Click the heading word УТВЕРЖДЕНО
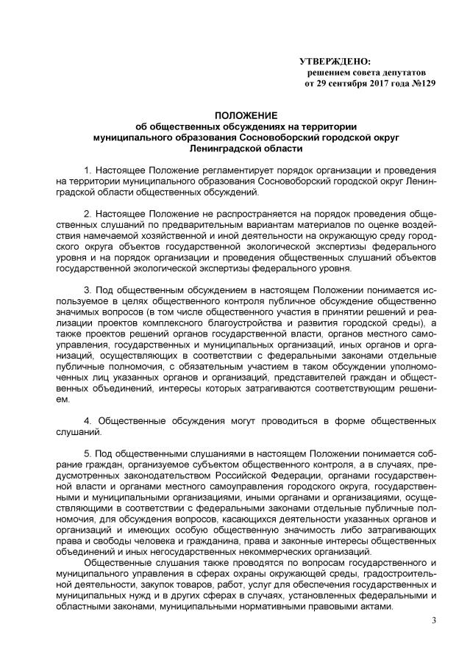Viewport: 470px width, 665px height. tap(335, 61)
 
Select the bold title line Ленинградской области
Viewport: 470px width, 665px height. tap(246, 148)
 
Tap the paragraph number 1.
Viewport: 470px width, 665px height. tap(88, 170)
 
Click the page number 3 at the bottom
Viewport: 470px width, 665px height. tap(434, 624)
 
